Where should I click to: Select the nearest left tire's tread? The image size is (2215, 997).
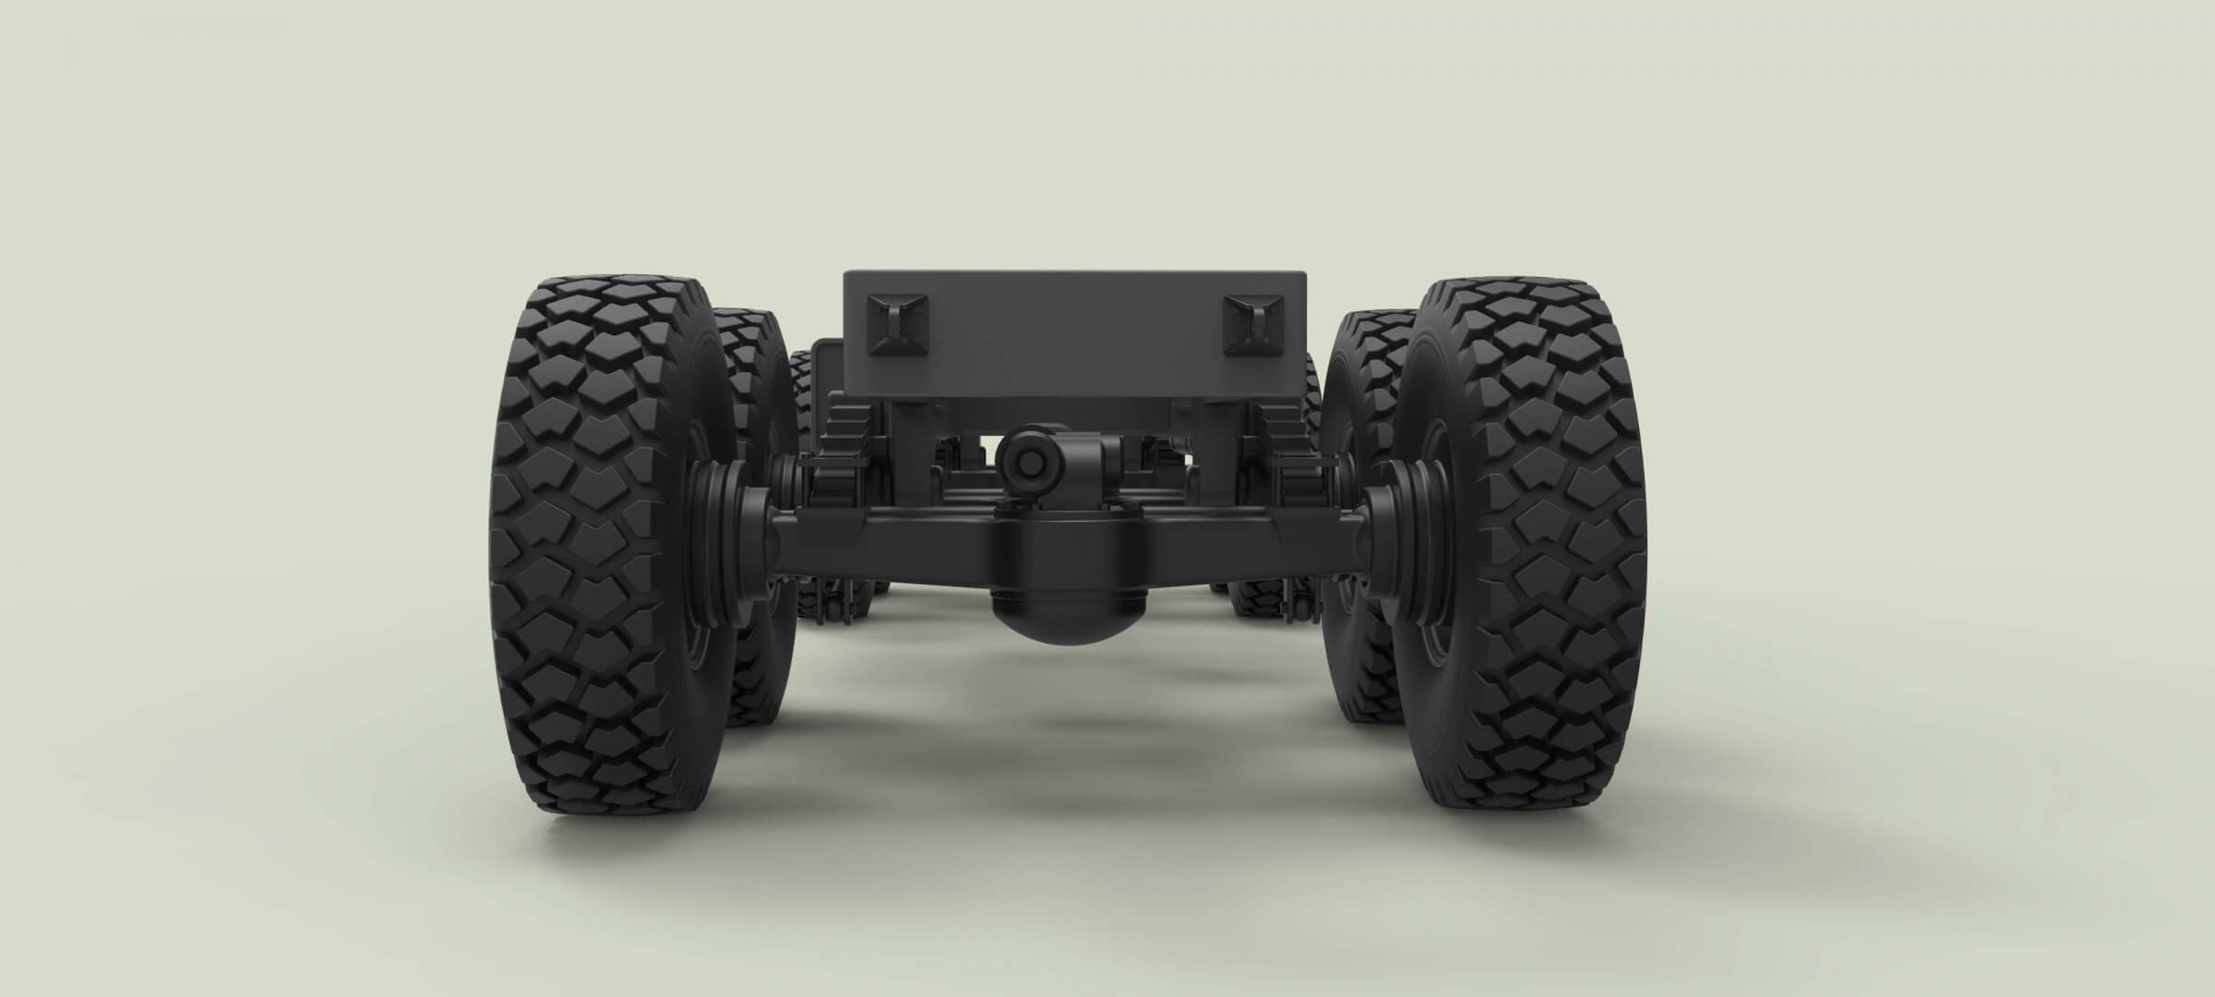[x=591, y=545]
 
